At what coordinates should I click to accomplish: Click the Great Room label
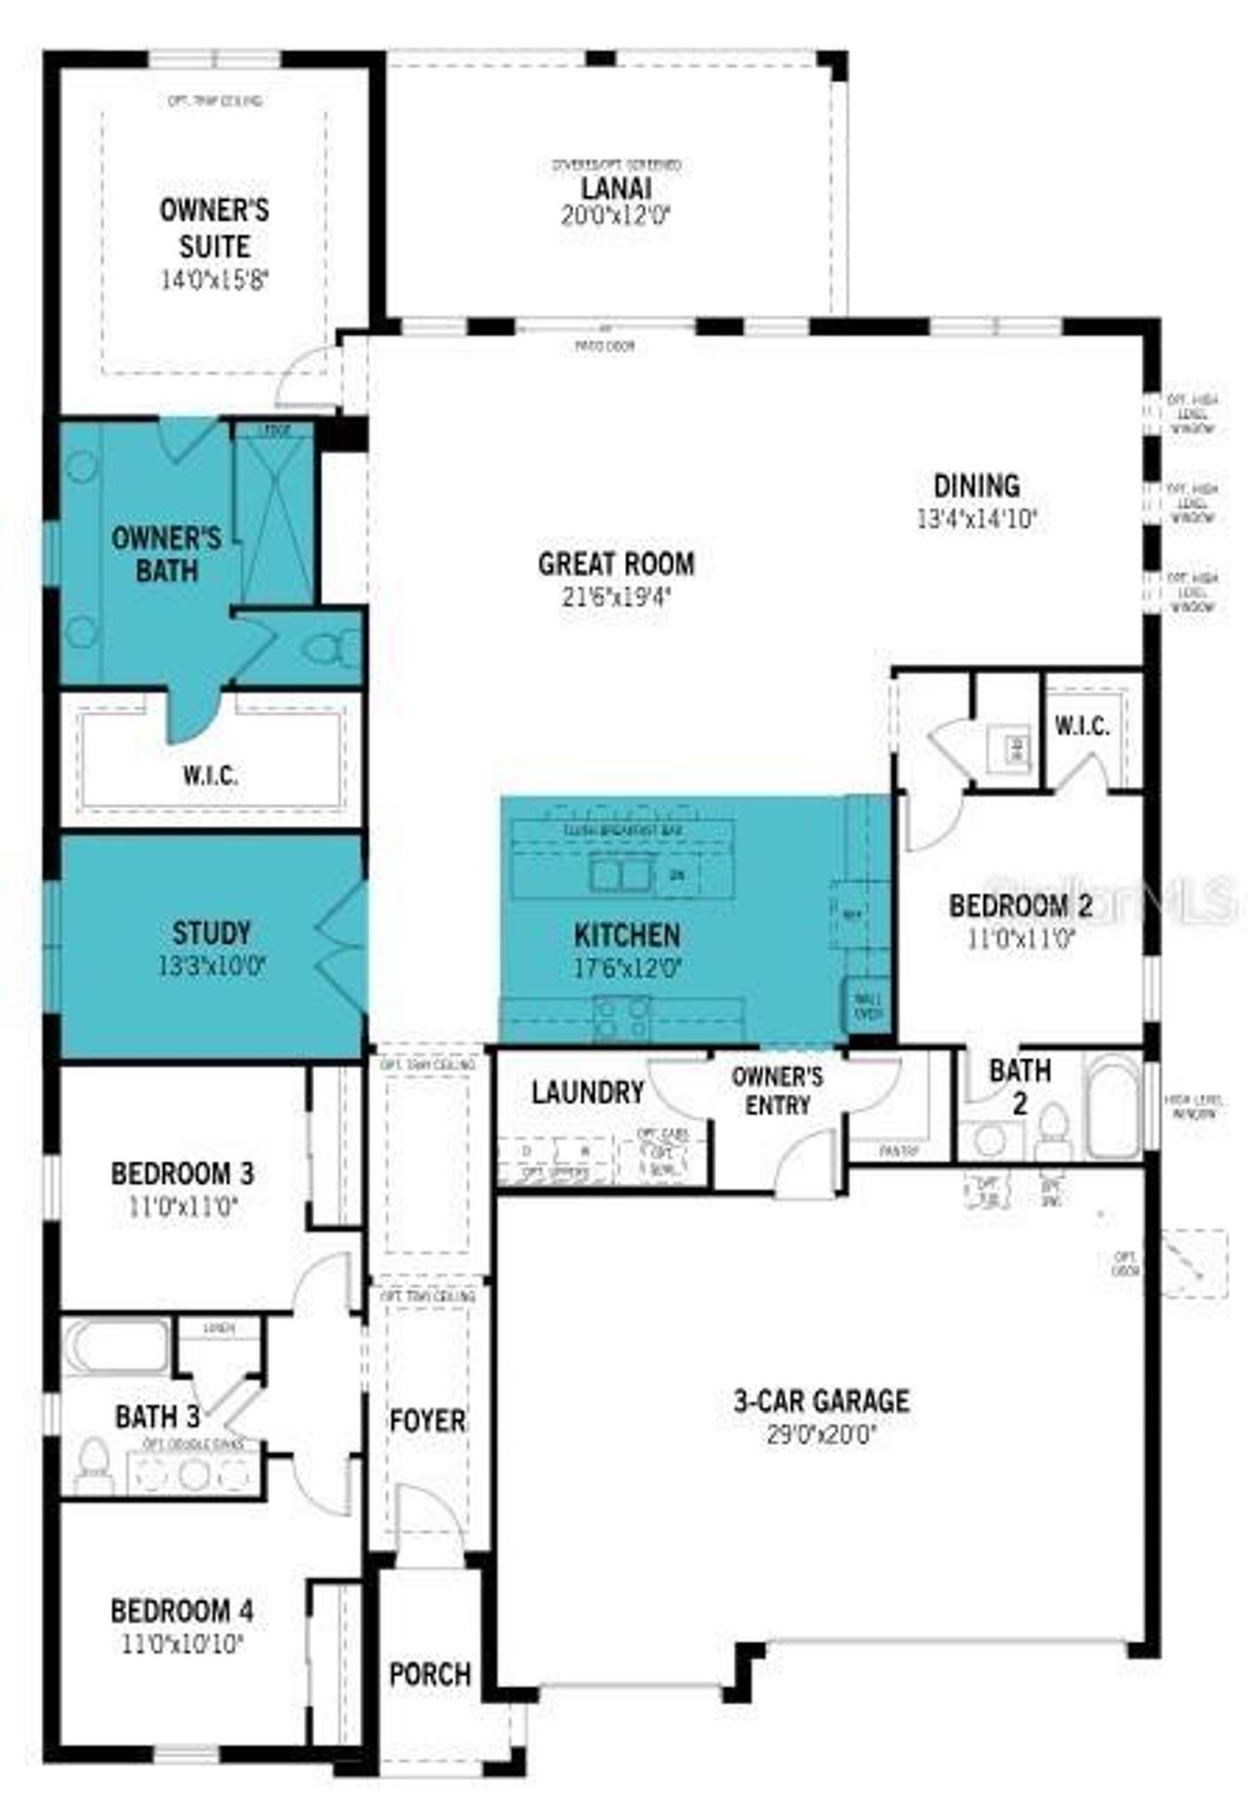tap(616, 564)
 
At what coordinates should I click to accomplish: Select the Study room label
tap(212, 933)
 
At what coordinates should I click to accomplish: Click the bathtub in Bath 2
tap(1112, 1107)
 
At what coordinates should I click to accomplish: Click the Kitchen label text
tap(627, 935)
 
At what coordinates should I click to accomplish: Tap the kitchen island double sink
tap(620, 873)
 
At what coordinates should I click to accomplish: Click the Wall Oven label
tap(868, 1005)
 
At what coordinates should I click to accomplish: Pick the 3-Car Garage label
tap(821, 1401)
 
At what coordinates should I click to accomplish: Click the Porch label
tap(430, 1674)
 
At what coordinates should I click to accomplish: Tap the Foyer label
tap(427, 1421)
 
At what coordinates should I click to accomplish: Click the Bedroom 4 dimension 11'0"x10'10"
tap(182, 1644)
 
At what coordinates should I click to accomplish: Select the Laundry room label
tap(588, 1093)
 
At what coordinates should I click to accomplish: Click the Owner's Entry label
tap(777, 1090)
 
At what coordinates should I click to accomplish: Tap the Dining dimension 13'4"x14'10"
tap(977, 519)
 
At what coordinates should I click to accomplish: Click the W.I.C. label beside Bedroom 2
tap(1082, 726)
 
